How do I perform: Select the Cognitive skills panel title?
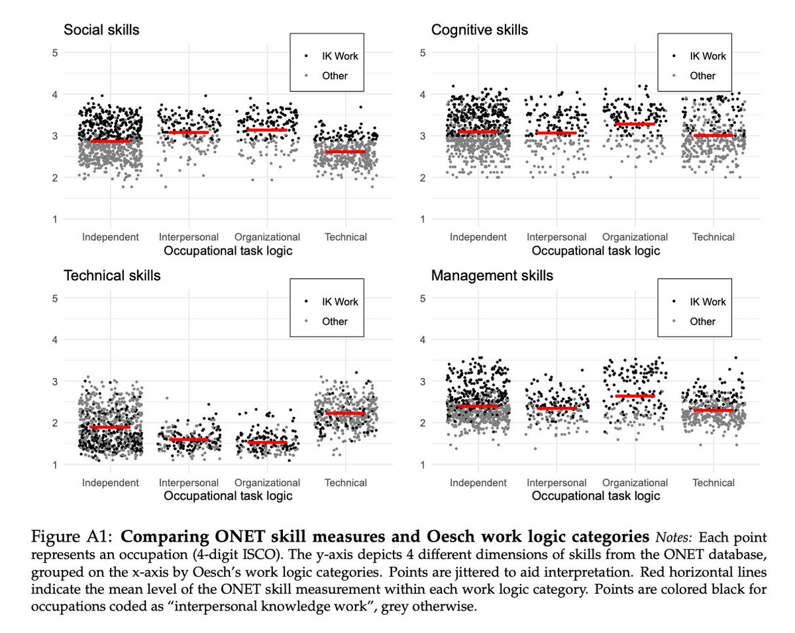(x=480, y=30)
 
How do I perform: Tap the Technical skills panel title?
(x=112, y=276)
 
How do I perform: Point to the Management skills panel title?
(x=492, y=276)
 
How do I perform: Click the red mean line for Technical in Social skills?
(x=345, y=152)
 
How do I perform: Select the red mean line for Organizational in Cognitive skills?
(x=635, y=124)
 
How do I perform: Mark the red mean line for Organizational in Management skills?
(x=635, y=396)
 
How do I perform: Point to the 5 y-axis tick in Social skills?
(x=55, y=52)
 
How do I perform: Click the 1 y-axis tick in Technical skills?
(x=55, y=465)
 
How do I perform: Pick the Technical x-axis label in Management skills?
(x=714, y=483)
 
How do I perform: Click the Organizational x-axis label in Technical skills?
(x=267, y=483)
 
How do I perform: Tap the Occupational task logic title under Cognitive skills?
(x=596, y=251)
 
